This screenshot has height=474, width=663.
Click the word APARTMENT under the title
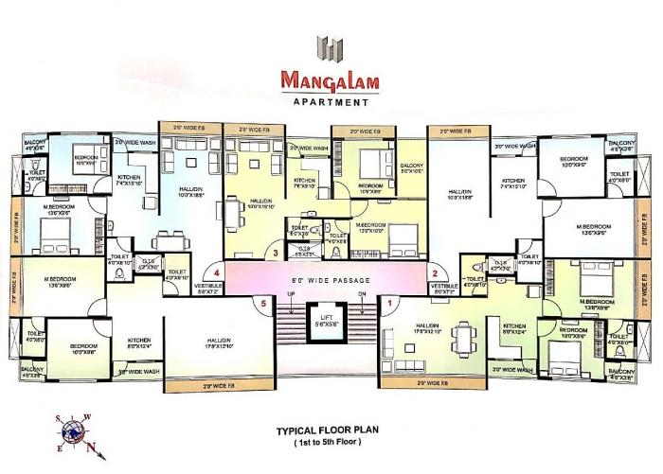(331, 100)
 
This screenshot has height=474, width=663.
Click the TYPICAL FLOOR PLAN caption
(331, 430)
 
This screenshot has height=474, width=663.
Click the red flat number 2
(434, 273)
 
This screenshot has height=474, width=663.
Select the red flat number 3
(275, 253)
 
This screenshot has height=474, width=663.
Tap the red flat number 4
(217, 273)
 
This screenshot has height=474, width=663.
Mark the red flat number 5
(264, 303)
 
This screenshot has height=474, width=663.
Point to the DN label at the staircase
(362, 294)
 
